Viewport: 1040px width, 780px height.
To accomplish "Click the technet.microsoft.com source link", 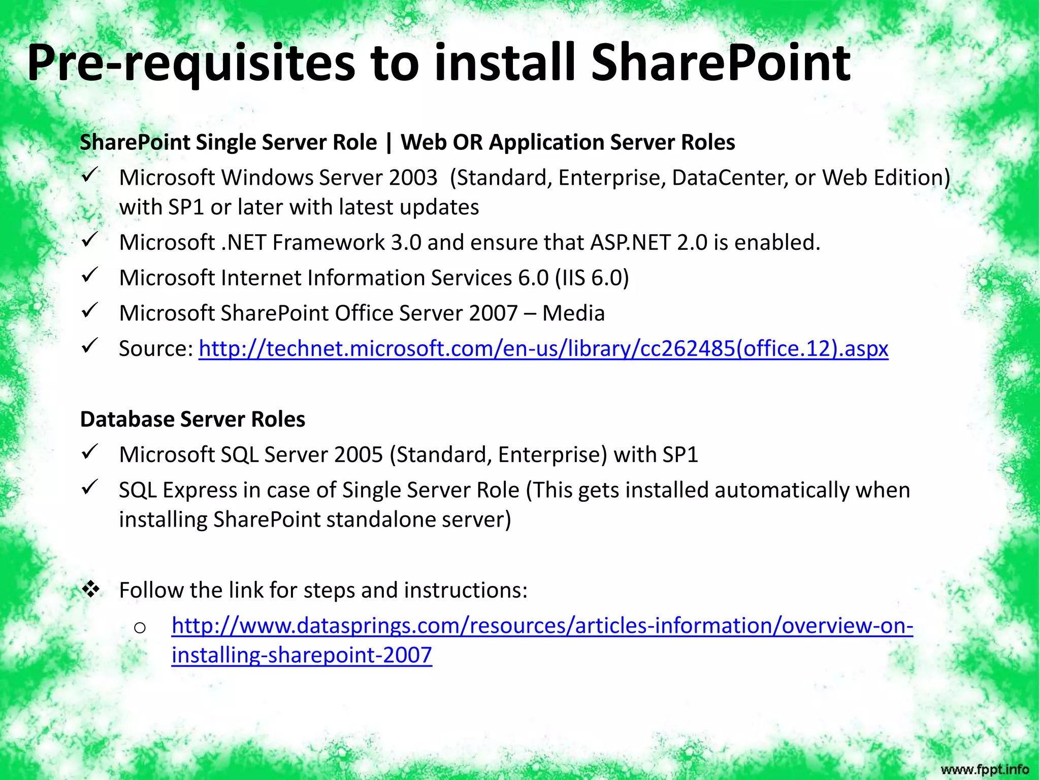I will (543, 349).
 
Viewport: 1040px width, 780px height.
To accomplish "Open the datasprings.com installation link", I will (542, 626).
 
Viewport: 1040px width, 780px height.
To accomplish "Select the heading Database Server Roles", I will (192, 419).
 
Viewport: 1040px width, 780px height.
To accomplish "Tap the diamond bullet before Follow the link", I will (91, 589).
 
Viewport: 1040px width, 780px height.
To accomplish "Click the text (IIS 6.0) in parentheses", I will (592, 278).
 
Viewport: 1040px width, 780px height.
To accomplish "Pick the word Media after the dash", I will (573, 313).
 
